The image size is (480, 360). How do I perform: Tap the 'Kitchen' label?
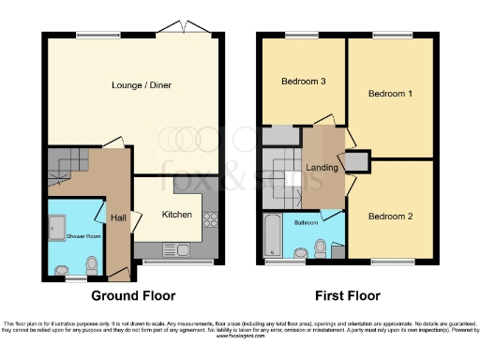coord(177,215)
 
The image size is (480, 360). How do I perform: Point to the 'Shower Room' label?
coord(82,235)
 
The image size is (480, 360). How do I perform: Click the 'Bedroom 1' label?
coord(389,95)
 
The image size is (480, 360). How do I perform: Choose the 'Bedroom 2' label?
coord(389,217)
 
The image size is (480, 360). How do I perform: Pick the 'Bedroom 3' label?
coord(304,82)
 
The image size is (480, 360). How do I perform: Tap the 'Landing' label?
coord(322,167)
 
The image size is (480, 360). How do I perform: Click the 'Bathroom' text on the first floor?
coord(307,224)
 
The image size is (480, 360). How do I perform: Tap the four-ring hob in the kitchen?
coord(209,221)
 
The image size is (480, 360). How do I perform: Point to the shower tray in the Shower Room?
coord(54,226)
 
